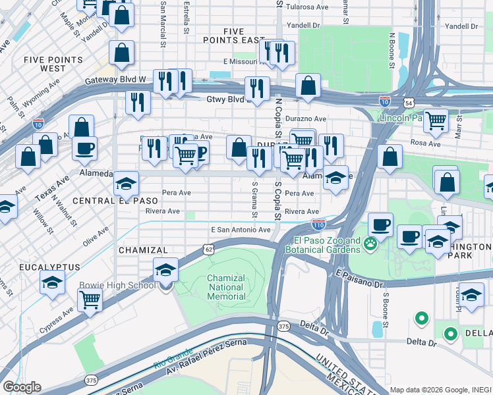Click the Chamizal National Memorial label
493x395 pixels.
226,287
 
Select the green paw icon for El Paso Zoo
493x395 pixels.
370,245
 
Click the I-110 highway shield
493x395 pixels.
318,224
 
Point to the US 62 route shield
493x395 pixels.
208,249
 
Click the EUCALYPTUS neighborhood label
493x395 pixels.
49,267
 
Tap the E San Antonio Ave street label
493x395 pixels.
241,230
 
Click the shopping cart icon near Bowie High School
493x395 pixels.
90,300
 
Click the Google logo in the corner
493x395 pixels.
22,387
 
